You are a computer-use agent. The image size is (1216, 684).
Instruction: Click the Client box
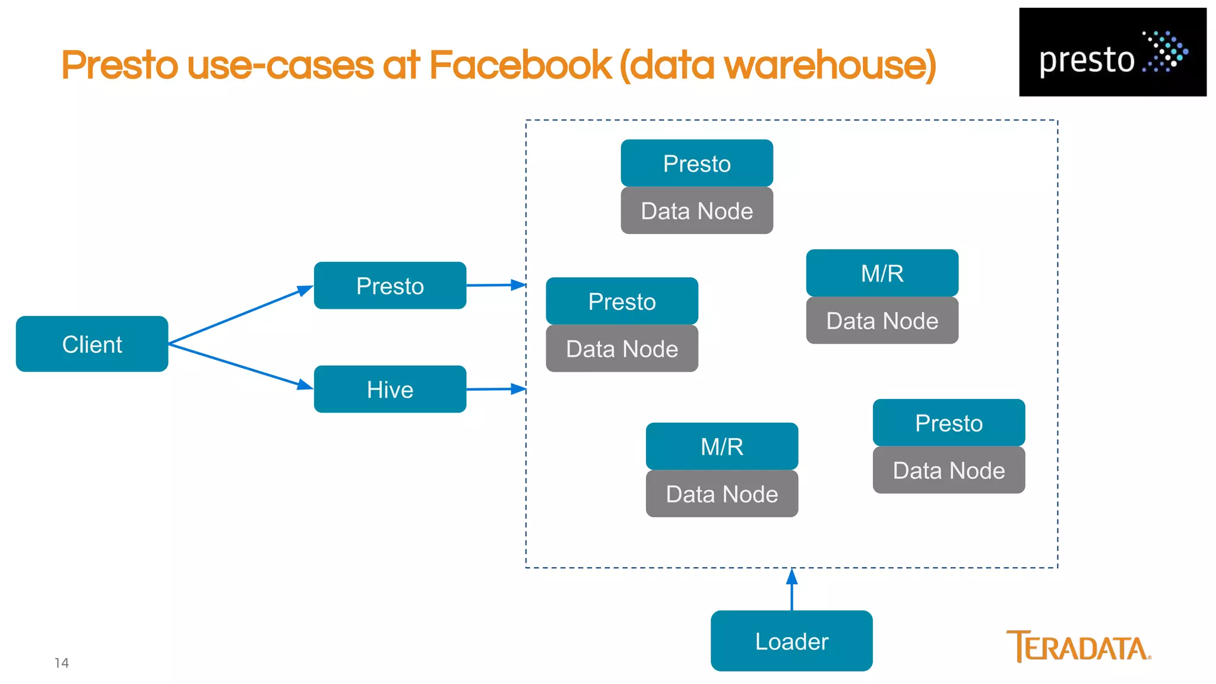point(92,344)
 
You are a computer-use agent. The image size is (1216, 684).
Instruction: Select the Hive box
point(390,389)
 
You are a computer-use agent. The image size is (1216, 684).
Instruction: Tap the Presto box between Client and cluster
point(390,286)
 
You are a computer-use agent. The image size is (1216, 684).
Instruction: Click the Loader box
point(791,641)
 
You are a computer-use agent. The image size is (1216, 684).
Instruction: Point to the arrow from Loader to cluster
point(791,591)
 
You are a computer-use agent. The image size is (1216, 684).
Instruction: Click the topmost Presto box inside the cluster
point(696,163)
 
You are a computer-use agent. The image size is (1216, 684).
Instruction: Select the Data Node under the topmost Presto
point(696,211)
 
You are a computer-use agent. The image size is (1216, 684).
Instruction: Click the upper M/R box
point(882,273)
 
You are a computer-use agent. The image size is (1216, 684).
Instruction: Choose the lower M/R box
point(721,446)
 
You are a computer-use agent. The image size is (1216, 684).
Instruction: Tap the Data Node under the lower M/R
point(721,494)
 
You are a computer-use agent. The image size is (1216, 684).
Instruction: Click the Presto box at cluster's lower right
point(948,423)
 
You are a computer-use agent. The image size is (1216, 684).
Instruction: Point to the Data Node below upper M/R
point(882,321)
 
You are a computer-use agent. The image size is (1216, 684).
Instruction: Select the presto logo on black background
point(1112,52)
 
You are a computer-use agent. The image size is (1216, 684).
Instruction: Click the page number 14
point(62,663)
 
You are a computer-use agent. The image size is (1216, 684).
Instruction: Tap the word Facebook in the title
point(520,65)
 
